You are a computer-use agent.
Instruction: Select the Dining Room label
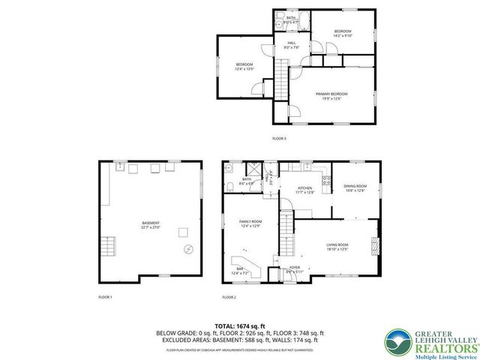pos(355,187)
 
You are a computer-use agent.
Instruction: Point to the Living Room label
pos(337,247)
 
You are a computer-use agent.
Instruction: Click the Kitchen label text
pos(305,190)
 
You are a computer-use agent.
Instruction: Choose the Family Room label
pos(250,223)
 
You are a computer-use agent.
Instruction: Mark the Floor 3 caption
pos(279,139)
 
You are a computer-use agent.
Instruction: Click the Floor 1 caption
pos(105,298)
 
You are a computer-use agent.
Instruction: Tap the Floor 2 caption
pos(229,298)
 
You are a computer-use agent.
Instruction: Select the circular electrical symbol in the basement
pos(188,249)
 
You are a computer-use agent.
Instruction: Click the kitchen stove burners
pos(327,179)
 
